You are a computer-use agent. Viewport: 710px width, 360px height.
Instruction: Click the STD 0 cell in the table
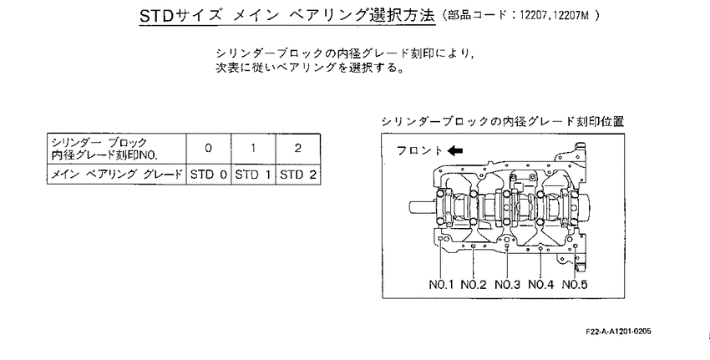coord(208,175)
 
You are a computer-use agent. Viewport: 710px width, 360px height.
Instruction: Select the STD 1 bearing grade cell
coord(253,175)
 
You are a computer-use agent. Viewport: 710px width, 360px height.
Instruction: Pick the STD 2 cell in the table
coord(298,175)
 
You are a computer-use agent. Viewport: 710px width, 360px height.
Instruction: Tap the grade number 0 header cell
coord(208,149)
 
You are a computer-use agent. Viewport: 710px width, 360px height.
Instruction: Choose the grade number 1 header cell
coord(253,149)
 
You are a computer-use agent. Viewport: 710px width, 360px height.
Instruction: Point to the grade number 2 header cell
coord(298,149)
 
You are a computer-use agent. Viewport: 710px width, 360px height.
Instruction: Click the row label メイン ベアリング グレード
coord(116,175)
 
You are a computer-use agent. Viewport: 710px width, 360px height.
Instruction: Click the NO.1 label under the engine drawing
coord(441,285)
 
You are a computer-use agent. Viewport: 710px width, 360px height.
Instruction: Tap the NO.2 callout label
coord(474,285)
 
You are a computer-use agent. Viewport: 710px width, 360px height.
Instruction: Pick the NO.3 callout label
coord(507,285)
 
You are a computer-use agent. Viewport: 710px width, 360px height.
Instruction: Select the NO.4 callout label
coord(541,285)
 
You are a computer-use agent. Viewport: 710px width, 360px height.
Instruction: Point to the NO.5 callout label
coord(575,285)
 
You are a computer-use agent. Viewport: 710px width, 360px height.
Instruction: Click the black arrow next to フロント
coord(454,151)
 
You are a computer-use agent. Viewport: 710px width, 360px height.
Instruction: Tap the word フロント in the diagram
coord(419,151)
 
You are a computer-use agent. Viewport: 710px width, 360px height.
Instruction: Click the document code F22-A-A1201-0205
coord(618,332)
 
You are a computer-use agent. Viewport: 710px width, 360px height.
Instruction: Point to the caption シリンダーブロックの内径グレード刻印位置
coord(503,121)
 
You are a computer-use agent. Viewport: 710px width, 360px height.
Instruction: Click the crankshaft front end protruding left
coord(422,207)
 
